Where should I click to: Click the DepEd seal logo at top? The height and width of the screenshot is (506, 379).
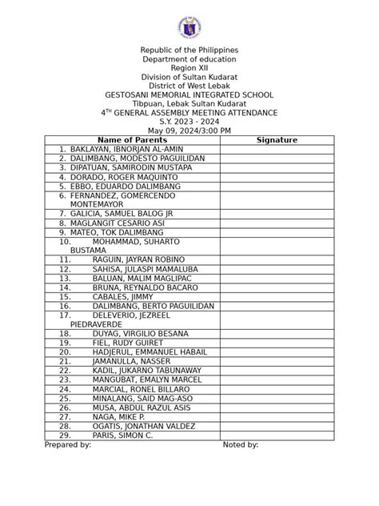189,25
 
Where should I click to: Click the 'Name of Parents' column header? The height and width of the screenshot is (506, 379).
132,140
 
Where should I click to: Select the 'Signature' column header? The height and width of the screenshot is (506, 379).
277,140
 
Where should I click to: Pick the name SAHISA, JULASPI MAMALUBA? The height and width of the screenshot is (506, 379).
145,269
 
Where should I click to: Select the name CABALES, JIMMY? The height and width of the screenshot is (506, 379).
123,296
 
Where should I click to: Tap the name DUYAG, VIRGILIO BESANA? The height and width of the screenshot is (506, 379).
140,333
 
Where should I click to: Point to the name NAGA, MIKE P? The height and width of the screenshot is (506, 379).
118,417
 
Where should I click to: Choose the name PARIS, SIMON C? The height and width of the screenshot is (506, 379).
122,436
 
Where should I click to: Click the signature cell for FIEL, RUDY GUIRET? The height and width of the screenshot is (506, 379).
277,343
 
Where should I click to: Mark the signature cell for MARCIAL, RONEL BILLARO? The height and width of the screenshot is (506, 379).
277,389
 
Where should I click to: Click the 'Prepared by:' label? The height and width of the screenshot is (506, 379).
67,445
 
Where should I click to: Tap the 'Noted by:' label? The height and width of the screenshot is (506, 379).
240,445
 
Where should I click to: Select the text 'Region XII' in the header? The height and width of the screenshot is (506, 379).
189,68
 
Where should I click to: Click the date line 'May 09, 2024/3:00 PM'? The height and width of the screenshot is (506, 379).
189,131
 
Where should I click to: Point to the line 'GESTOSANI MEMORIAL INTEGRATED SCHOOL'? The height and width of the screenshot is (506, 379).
189,94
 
